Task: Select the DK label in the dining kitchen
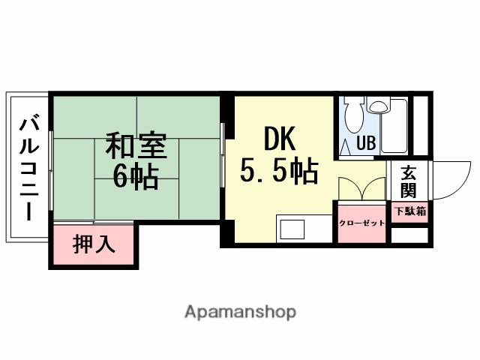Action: coord(279,139)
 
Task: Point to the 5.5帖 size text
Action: coord(279,172)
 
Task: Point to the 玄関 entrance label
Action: coord(409,179)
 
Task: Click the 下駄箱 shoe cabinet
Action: coord(409,211)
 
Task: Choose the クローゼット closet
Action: coord(361,223)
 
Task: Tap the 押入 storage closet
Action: coord(94,244)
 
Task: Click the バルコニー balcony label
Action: coord(29,166)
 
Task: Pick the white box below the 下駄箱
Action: coord(409,234)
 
